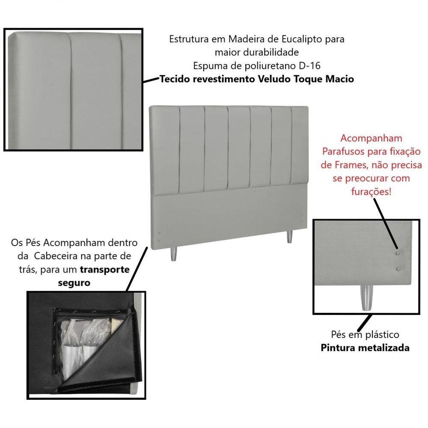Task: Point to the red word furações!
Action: (x=371, y=191)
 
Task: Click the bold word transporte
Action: (x=104, y=270)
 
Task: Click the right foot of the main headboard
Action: (x=290, y=238)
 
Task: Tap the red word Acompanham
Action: (x=371, y=138)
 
